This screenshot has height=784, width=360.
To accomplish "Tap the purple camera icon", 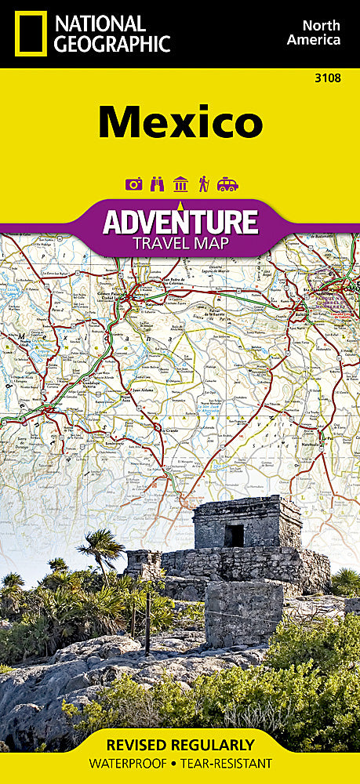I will pos(134,184).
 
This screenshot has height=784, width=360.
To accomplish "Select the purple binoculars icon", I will pos(158,184).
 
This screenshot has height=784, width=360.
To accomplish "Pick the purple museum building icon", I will pos(180,184).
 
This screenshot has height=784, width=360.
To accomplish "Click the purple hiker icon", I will pos(204,184).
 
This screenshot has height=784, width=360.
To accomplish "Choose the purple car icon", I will pos(227,184).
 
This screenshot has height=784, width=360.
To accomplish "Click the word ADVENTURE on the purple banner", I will pos(180,221).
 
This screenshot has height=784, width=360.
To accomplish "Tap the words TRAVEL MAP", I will pos(180,242).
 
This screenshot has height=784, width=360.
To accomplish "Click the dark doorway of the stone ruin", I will pos(234,535).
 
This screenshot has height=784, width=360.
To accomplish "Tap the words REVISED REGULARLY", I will pos(180,745).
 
